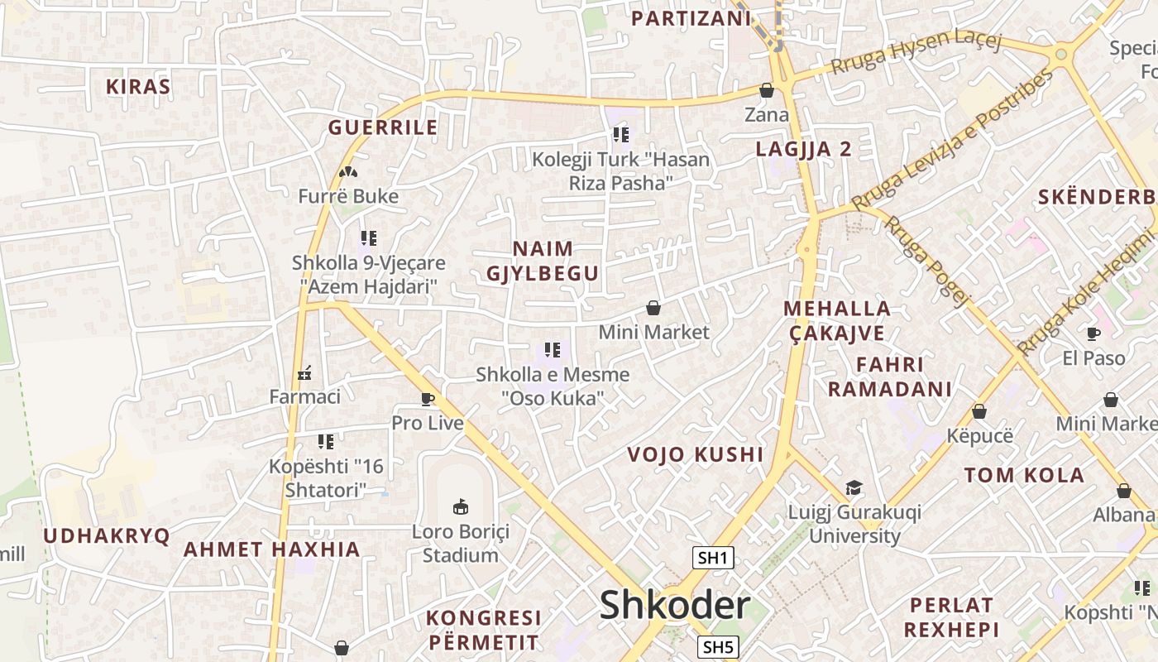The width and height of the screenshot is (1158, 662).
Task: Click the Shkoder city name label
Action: pyautogui.click(x=674, y=605)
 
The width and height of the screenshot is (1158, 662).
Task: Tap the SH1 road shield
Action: pyautogui.click(x=713, y=558)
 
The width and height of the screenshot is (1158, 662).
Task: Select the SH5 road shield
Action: pyautogui.click(x=717, y=646)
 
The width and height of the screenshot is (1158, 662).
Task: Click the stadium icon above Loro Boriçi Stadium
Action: pyautogui.click(x=461, y=506)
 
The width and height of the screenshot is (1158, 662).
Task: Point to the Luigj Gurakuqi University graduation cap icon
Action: pyautogui.click(x=854, y=487)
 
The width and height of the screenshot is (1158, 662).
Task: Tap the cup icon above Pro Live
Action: pyautogui.click(x=428, y=399)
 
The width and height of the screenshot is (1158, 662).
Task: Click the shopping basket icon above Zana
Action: pyautogui.click(x=767, y=90)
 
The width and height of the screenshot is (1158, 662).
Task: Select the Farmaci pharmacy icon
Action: pyautogui.click(x=304, y=373)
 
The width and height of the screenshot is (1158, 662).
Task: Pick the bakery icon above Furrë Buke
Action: pyautogui.click(x=348, y=172)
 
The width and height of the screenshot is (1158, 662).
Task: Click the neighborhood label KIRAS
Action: pyautogui.click(x=138, y=87)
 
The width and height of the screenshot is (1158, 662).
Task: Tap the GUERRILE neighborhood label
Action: pyautogui.click(x=383, y=127)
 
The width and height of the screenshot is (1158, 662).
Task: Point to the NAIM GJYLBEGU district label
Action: pyautogui.click(x=543, y=261)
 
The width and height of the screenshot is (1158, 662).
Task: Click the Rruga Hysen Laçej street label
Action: pyautogui.click(x=916, y=54)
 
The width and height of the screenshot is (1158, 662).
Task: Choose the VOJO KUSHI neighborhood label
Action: pyautogui.click(x=695, y=454)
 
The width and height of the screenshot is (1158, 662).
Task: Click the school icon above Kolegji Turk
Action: pyautogui.click(x=621, y=134)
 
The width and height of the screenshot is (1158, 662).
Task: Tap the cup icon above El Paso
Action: pyautogui.click(x=1093, y=333)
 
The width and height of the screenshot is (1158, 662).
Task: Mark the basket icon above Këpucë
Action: pyautogui.click(x=979, y=411)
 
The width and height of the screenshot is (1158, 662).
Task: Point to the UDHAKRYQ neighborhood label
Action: pyautogui.click(x=106, y=535)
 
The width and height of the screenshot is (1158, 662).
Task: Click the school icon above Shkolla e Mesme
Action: pyautogui.click(x=553, y=350)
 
